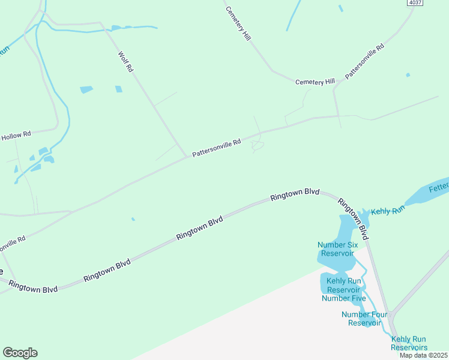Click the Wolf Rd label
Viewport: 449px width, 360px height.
[125, 62]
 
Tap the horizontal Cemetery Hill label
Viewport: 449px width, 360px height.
[315, 82]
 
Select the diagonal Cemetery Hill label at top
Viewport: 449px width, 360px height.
[238, 23]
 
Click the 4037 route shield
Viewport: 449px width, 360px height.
[415, 3]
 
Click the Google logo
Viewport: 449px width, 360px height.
[20, 353]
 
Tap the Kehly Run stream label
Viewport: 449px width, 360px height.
[389, 212]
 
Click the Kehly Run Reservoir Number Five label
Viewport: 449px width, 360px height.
[343, 289]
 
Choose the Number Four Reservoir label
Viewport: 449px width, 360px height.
[361, 319]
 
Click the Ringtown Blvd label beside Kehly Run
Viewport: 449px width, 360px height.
[352, 215]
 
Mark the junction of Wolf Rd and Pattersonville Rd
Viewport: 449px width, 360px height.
[187, 157]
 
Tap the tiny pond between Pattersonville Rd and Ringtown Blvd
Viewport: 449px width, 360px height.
[133, 219]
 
